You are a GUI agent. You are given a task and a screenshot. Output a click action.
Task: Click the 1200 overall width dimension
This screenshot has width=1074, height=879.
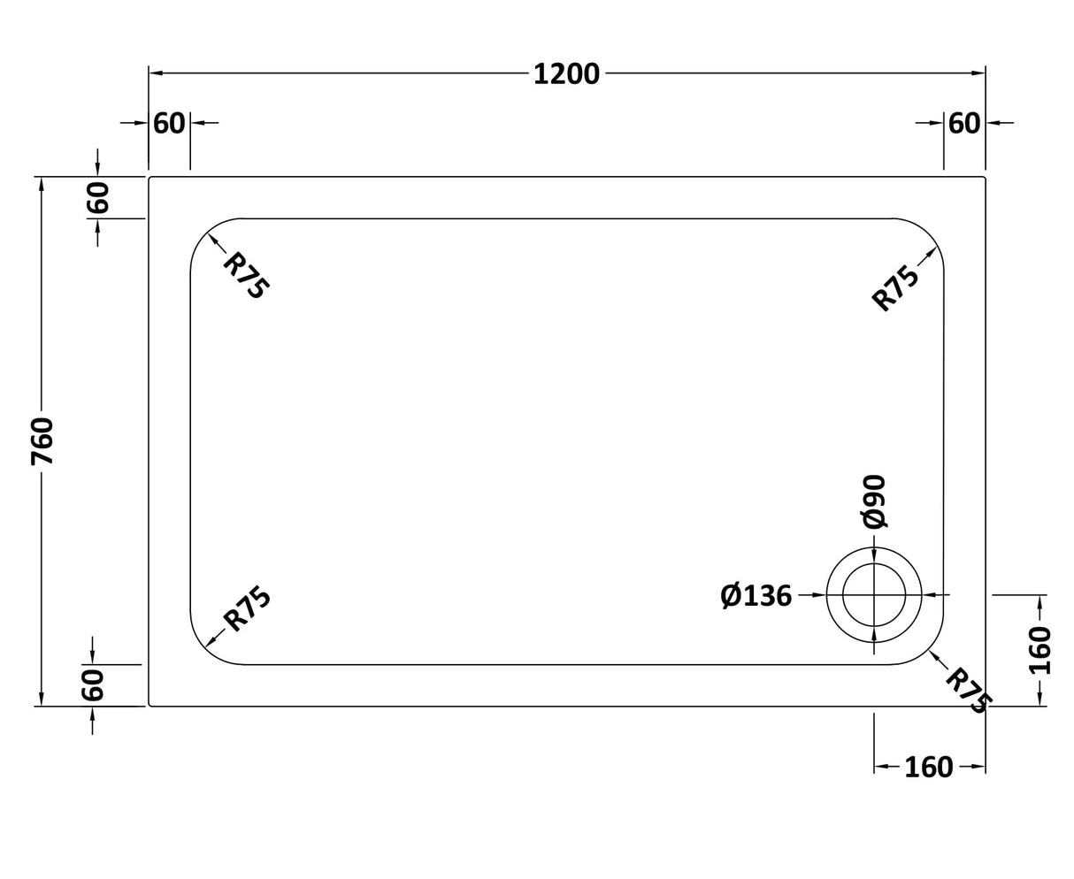(566, 74)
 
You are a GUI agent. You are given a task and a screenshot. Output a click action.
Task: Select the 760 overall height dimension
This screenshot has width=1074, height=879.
(42, 441)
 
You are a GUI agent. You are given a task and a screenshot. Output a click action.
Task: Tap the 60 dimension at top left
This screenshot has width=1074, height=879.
(169, 123)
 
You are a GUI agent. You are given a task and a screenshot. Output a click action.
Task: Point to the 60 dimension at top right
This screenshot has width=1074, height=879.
(964, 123)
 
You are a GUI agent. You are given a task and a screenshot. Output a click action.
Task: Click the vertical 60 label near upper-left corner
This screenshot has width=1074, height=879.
(97, 197)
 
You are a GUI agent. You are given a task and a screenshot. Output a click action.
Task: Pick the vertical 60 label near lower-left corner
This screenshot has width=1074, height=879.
(93, 685)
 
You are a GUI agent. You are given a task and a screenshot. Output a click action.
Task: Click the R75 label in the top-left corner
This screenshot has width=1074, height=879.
(245, 275)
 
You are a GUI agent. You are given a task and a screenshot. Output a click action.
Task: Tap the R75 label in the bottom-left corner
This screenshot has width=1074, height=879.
(247, 609)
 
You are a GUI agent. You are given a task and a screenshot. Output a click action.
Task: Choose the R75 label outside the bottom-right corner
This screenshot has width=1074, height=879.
(967, 690)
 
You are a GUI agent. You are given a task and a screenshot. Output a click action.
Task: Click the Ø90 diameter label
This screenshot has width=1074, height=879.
(874, 501)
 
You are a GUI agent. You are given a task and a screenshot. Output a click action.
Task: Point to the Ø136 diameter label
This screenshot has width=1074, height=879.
(756, 596)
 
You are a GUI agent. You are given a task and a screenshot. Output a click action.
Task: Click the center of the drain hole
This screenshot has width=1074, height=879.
(874, 595)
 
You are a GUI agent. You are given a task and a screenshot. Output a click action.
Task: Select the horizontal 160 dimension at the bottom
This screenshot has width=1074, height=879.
(928, 768)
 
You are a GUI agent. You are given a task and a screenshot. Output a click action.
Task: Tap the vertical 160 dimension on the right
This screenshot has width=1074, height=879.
(1040, 650)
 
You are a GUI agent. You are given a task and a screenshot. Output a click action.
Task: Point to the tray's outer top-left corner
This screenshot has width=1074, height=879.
(150, 178)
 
